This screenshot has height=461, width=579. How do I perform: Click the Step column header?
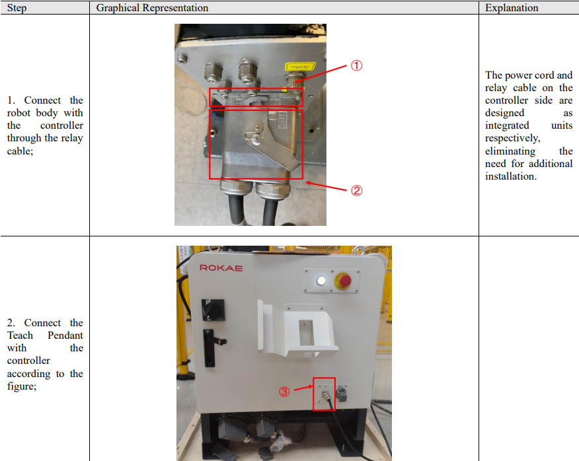(x=17, y=8)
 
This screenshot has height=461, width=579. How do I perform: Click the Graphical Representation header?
(x=152, y=8)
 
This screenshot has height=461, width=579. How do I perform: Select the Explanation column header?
(x=512, y=8)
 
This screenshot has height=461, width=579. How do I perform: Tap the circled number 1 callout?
(x=356, y=65)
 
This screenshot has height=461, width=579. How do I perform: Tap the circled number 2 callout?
(x=356, y=190)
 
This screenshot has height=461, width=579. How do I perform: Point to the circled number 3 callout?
(x=284, y=392)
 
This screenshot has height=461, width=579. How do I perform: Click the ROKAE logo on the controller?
(x=221, y=268)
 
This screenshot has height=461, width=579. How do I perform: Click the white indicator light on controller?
(x=321, y=281)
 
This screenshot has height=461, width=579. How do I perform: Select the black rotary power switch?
(x=213, y=310)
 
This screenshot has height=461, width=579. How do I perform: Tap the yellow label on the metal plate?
(x=300, y=67)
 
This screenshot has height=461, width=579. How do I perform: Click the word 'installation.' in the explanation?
(x=511, y=176)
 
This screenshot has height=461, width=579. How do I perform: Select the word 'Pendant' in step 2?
(x=65, y=336)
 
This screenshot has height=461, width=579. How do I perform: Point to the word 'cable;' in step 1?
(x=20, y=151)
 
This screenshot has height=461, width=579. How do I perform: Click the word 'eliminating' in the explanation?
(x=510, y=151)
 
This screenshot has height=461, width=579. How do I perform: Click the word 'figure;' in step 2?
(x=22, y=386)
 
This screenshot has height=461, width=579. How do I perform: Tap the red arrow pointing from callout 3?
(x=304, y=388)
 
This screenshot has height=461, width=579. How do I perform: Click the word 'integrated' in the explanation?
(x=507, y=126)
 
